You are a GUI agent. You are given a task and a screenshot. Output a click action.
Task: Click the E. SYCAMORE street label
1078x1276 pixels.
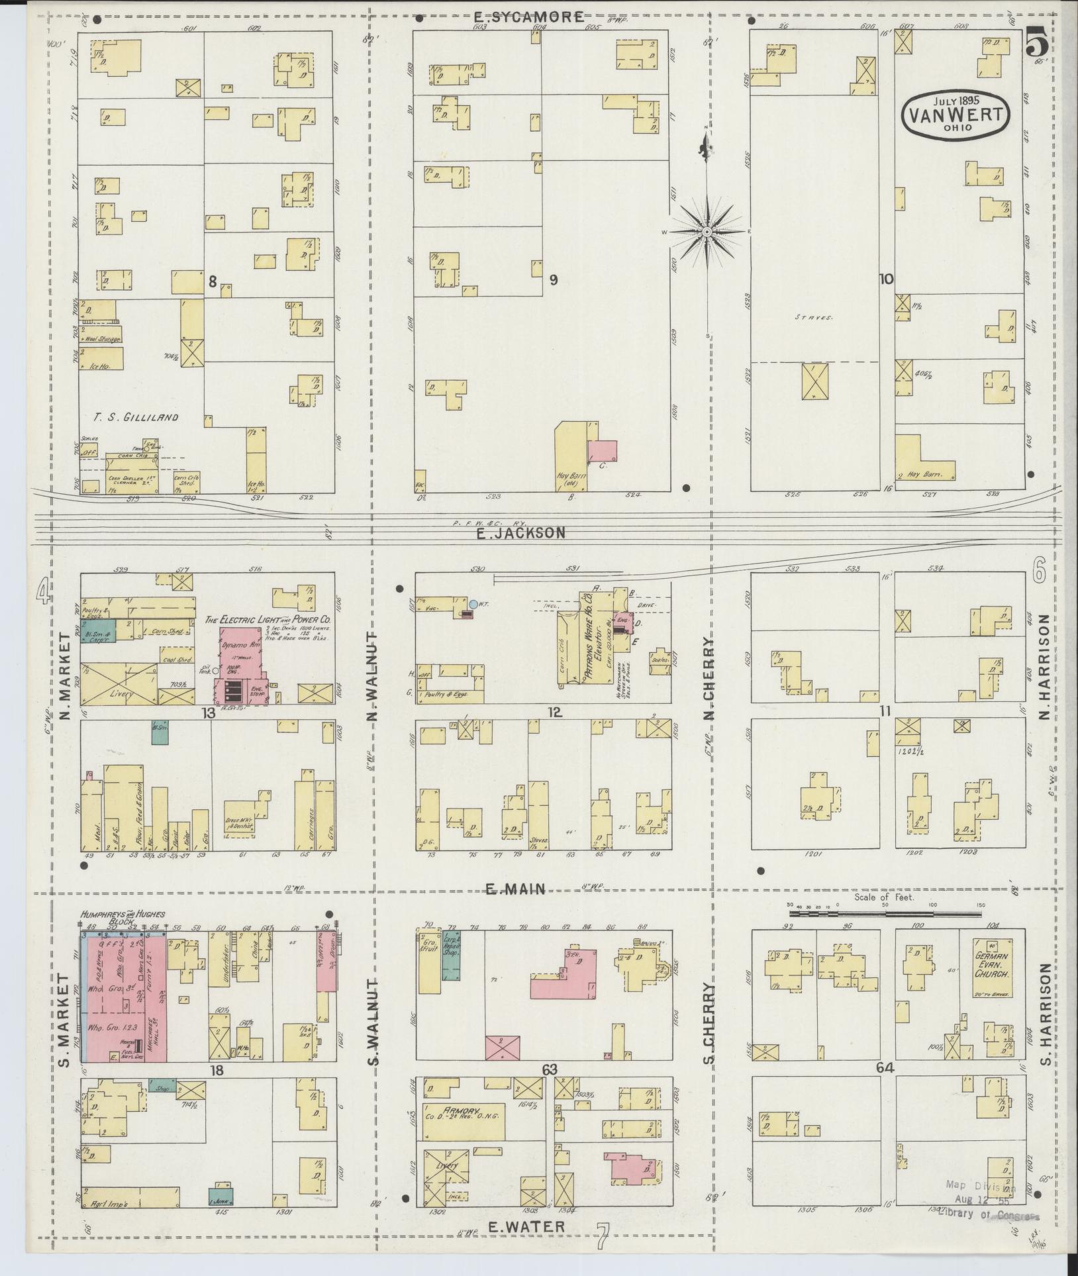coord(529,17)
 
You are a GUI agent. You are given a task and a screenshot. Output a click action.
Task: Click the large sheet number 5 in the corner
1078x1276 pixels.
coord(1037,44)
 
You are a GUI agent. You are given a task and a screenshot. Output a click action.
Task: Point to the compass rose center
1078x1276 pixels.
coord(707,232)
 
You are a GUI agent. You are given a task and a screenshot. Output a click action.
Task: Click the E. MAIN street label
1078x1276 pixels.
coord(516,890)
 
